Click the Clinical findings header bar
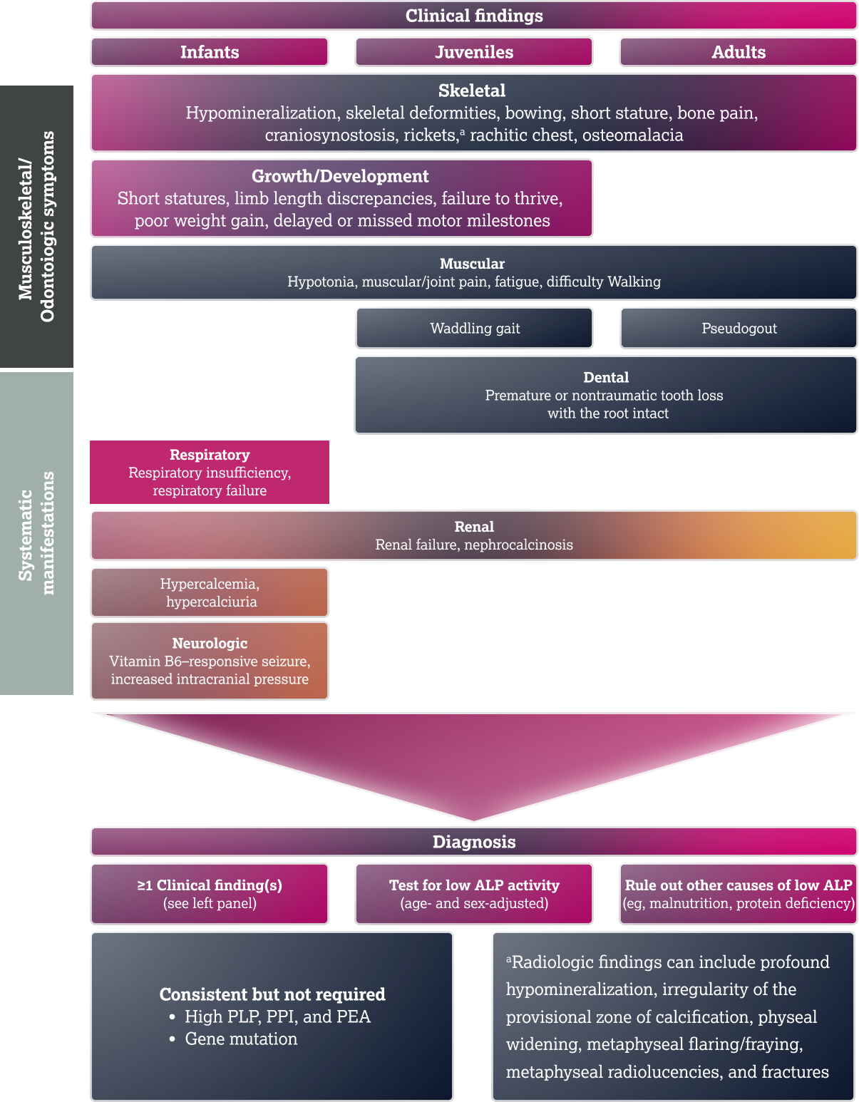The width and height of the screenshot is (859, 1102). click(x=474, y=16)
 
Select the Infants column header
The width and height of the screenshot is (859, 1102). click(x=210, y=52)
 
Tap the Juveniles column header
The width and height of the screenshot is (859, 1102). click(x=474, y=52)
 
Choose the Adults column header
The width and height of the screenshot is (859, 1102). click(x=739, y=52)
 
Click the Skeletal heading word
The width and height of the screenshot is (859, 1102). click(x=472, y=91)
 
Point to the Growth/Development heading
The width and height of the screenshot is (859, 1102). click(x=340, y=176)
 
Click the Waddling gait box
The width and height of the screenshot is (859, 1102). click(x=475, y=329)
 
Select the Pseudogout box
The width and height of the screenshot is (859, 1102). click(x=739, y=329)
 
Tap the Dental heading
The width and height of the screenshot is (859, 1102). click(x=606, y=377)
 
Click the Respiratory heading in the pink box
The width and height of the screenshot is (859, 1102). click(x=210, y=455)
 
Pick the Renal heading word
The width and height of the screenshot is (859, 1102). click(x=474, y=527)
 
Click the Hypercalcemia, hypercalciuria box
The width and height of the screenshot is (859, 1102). click(x=210, y=592)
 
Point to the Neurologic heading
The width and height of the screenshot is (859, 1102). click(x=210, y=643)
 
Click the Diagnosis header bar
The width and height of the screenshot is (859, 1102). click(x=474, y=842)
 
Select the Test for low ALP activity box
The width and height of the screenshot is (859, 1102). click(x=474, y=894)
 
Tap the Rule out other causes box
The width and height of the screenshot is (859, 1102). click(x=739, y=894)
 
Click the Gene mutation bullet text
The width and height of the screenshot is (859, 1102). click(x=241, y=1039)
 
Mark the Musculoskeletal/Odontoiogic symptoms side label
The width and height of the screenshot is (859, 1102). click(x=36, y=227)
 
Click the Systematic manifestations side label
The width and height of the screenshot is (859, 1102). click(x=36, y=532)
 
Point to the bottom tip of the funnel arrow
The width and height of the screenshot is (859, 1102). click(x=474, y=820)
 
